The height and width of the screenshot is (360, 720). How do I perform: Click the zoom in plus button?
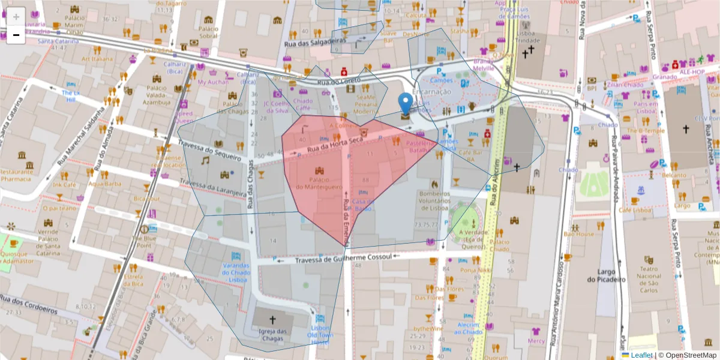pyautogui.click(x=16, y=17)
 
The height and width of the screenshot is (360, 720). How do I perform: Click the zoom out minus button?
pyautogui.click(x=16, y=35)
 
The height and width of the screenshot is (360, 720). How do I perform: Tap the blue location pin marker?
pyautogui.click(x=406, y=104)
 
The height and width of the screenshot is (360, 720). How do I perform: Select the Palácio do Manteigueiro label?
pyautogui.click(x=319, y=184)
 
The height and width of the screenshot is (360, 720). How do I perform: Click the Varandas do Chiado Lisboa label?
pyautogui.click(x=235, y=272)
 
